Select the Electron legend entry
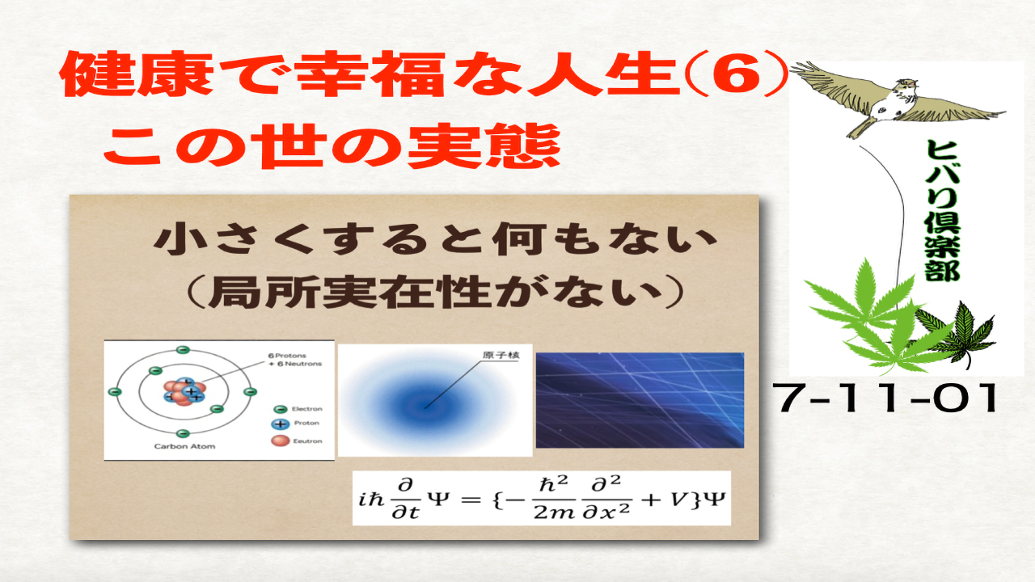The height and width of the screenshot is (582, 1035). point(298,409)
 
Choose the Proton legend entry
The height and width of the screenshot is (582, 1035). point(296,424)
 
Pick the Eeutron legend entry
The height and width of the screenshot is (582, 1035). point(298,441)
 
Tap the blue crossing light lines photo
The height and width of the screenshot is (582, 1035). point(639,399)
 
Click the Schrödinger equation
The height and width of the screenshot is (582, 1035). point(541,497)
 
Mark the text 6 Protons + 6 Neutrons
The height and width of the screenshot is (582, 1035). point(294,360)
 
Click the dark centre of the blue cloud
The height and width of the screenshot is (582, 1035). point(421,401)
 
